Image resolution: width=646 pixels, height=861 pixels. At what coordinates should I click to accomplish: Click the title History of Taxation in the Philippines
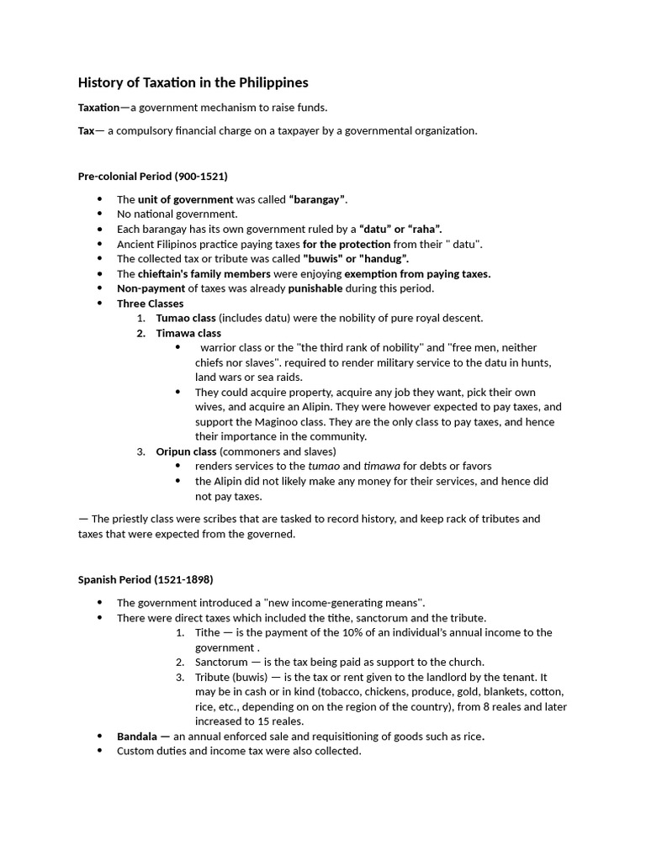coord(193,82)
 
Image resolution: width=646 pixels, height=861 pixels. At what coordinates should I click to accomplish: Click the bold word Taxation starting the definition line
coord(98,108)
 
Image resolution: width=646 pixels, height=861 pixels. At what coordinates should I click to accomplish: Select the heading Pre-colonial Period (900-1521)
coord(152,177)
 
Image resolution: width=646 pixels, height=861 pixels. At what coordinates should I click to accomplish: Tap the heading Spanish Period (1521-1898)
coord(146,579)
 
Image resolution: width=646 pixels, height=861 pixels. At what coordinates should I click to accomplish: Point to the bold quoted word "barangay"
coord(317,199)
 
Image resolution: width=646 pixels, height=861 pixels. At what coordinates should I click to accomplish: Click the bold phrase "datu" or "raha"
coord(400,229)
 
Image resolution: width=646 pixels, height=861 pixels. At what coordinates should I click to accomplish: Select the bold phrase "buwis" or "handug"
coord(355,258)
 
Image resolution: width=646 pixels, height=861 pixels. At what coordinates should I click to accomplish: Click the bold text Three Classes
coord(150,304)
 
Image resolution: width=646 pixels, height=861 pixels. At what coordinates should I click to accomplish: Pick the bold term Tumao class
coord(186,318)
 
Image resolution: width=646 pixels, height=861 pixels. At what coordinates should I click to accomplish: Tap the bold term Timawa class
coord(188,333)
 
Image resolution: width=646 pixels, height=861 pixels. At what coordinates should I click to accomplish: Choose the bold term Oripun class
coord(186,452)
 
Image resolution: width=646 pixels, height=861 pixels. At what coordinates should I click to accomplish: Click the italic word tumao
coord(324,466)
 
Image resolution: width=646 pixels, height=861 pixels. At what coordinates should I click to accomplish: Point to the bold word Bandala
coord(137,736)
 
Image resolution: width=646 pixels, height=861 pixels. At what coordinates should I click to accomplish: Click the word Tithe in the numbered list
coord(207,632)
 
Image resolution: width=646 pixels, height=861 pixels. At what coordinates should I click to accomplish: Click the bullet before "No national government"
coord(99,214)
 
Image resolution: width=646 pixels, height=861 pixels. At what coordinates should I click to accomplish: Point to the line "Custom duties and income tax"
coord(238,751)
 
